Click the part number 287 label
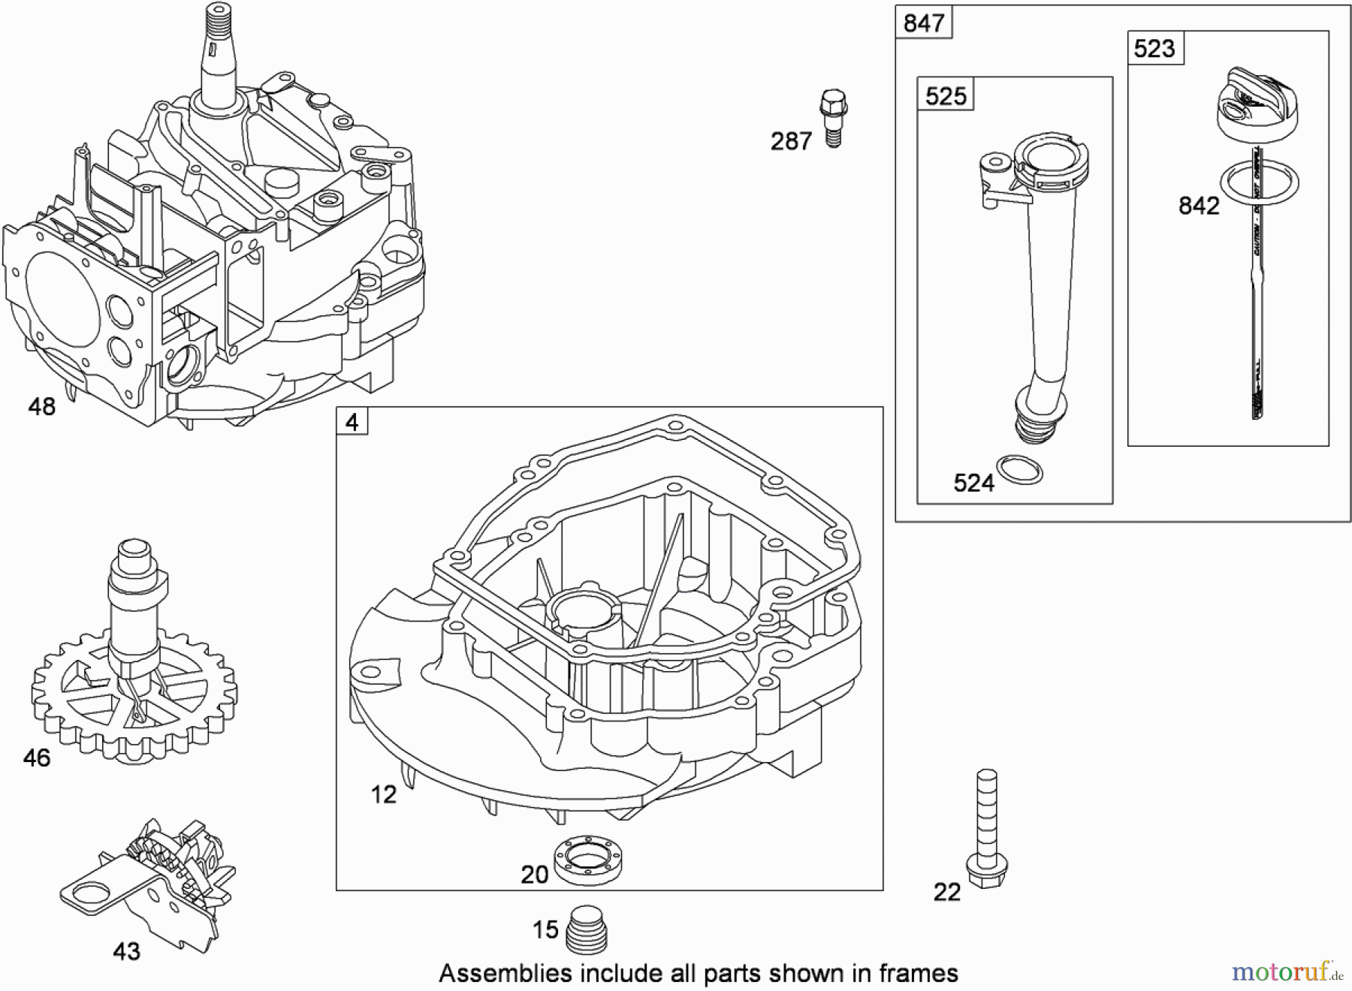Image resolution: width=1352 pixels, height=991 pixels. [x=791, y=141]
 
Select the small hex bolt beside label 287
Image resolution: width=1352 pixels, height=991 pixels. [x=833, y=117]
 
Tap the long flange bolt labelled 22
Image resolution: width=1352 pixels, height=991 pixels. [x=986, y=830]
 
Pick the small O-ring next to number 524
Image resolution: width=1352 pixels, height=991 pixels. [x=1019, y=471]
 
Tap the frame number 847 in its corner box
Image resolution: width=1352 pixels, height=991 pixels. [x=923, y=23]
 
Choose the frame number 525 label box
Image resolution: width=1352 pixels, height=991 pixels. [x=946, y=96]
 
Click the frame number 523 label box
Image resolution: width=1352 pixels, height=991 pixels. [x=1154, y=49]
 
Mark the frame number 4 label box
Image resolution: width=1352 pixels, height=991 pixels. [x=352, y=423]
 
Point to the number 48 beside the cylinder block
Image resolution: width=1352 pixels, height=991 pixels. [x=42, y=407]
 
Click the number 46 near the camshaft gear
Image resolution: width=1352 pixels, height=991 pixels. [x=37, y=758]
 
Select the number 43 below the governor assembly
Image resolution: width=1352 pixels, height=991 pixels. [x=126, y=952]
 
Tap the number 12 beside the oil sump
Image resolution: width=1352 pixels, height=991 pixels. [x=384, y=794]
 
